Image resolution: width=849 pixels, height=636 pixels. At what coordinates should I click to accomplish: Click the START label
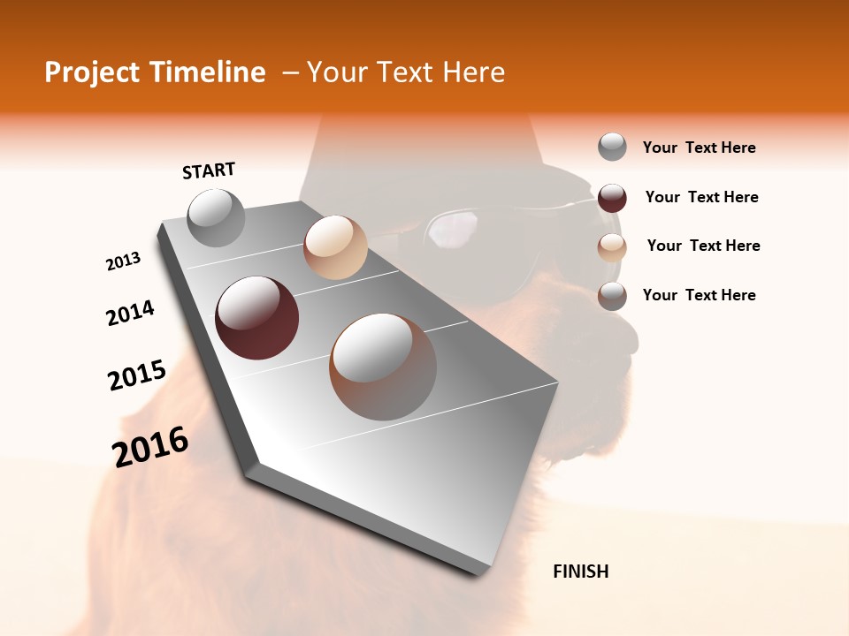click(209, 170)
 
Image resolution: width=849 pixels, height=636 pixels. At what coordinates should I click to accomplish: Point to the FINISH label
click(581, 572)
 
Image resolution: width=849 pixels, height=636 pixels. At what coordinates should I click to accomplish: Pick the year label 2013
click(123, 261)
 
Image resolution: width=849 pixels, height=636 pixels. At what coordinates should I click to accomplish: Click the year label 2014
click(130, 313)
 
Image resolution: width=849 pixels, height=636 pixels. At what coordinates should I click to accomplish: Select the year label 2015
click(137, 375)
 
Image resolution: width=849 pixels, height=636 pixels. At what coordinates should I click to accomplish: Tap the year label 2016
click(150, 447)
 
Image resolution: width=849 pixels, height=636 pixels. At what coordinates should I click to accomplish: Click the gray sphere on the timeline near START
click(217, 217)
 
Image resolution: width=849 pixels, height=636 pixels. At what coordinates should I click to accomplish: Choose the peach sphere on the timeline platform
click(335, 247)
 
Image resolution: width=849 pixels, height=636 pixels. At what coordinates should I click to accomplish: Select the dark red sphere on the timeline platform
click(256, 318)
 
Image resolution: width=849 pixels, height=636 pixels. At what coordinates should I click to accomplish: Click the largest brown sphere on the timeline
click(383, 366)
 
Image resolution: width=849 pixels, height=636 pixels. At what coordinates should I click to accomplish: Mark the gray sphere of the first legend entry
click(612, 147)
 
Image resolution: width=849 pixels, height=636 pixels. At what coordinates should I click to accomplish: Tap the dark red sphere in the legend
click(612, 198)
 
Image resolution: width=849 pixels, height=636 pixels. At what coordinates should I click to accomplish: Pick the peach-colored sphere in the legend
click(612, 247)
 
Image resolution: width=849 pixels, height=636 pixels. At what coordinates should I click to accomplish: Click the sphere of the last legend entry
click(612, 296)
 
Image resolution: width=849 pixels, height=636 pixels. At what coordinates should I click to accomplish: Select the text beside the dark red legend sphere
click(701, 197)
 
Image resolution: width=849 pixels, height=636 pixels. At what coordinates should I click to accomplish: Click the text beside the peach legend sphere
click(703, 246)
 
